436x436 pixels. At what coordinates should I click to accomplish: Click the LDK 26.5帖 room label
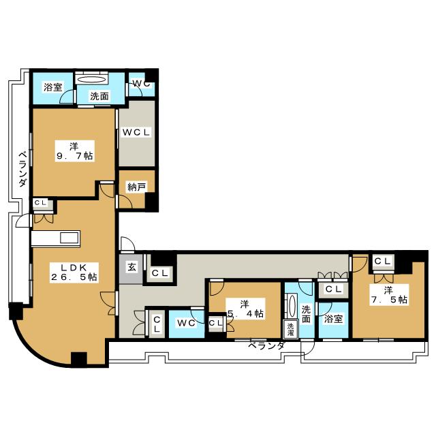74,272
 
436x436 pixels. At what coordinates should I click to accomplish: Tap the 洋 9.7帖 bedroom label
74,151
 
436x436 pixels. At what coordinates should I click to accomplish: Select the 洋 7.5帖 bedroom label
389,295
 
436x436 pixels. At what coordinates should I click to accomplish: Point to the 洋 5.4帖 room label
245,309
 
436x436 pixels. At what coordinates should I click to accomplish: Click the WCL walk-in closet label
136,132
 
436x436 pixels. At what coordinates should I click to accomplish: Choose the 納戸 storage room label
136,187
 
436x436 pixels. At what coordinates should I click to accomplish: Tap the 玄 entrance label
131,267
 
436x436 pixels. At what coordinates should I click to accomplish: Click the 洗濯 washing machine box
290,329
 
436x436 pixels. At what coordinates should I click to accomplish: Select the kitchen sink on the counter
69,238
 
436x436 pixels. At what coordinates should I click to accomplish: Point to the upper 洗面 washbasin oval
92,80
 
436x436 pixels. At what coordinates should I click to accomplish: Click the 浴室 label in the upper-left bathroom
53,87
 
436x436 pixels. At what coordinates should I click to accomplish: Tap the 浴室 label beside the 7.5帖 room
333,319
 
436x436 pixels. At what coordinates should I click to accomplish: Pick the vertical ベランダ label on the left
23,169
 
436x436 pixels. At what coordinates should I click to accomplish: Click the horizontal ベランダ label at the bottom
266,345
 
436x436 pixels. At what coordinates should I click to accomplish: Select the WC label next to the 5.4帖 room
186,323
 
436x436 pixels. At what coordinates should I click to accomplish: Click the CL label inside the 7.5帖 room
383,261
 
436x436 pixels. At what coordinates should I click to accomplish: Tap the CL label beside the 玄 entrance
160,273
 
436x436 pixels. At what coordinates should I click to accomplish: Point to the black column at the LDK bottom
79,359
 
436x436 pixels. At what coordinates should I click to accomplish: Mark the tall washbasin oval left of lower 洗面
292,305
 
